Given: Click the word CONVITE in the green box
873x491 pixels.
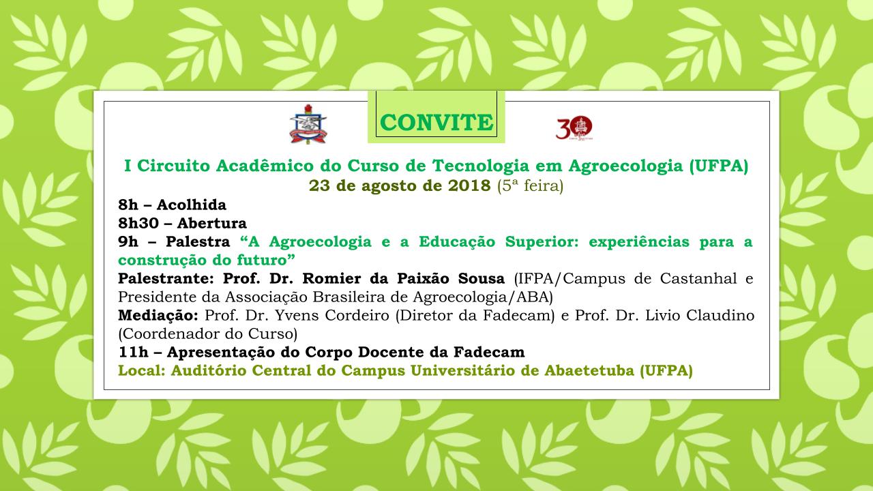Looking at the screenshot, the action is (436, 122).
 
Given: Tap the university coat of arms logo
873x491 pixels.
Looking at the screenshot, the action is (308, 124).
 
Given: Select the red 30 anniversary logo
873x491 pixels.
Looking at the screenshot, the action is (574, 128).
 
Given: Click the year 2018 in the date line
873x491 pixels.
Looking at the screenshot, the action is (469, 186).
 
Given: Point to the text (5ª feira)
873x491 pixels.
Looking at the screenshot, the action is (530, 186).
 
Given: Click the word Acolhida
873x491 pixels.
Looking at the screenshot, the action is (192, 205).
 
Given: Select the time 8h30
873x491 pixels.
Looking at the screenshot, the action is (138, 223).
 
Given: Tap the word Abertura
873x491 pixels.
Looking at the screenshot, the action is (212, 223).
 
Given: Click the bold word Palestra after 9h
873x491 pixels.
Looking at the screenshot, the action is (198, 241).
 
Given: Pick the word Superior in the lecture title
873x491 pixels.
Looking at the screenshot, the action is (542, 242).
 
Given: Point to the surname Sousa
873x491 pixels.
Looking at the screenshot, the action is (482, 279).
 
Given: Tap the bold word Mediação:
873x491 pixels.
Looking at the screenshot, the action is (158, 316).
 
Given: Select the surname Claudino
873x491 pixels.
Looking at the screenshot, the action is (720, 316).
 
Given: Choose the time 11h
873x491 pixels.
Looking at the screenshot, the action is (133, 353).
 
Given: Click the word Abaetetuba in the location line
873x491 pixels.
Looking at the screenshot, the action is (589, 370).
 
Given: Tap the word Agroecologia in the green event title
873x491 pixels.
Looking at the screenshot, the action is (625, 166).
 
